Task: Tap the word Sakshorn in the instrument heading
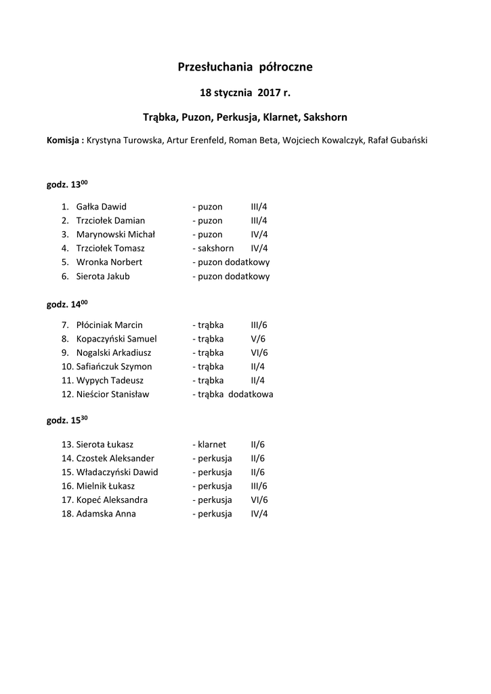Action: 325,117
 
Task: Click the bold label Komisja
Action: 65,140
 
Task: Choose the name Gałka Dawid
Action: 102,207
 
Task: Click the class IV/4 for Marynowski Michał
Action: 259,234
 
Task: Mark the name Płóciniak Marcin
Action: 110,325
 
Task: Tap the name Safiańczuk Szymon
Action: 114,367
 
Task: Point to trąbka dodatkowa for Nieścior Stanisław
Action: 235,394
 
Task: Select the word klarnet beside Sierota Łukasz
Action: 211,445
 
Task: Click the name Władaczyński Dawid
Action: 117,472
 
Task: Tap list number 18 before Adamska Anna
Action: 66,514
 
